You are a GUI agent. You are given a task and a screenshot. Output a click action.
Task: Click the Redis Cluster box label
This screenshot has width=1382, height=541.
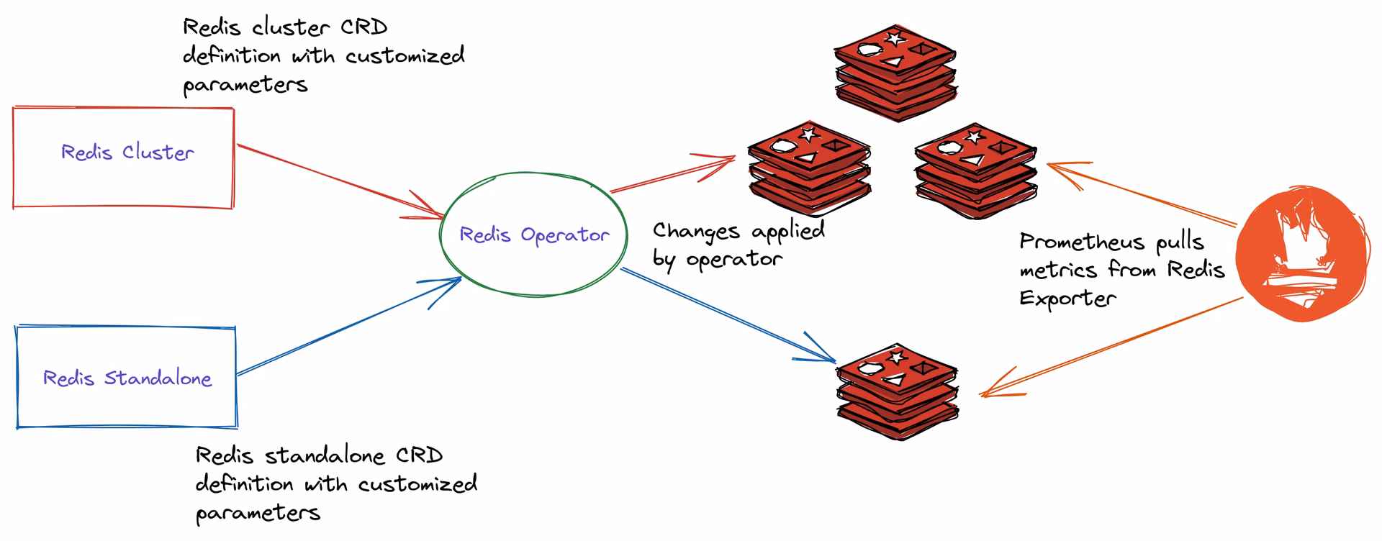[x=127, y=153]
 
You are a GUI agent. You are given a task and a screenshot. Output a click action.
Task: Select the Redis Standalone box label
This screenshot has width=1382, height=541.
[x=127, y=378]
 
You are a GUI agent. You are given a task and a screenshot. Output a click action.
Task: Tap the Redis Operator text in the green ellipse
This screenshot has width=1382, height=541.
[x=534, y=235]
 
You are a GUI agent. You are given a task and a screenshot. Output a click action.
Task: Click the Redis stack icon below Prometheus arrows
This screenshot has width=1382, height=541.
[x=897, y=392]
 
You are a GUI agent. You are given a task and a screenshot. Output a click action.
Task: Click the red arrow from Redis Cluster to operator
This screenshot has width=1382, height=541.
[x=338, y=179]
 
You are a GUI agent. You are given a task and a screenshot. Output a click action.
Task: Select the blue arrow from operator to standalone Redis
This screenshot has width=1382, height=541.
[x=727, y=314]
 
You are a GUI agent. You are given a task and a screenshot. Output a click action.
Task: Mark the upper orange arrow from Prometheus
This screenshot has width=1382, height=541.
[x=1144, y=194]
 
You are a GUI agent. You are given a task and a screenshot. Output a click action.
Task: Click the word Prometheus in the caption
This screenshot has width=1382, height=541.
[x=1081, y=242]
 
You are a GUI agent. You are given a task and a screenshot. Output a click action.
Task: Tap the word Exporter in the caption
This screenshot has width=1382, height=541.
[x=1067, y=299]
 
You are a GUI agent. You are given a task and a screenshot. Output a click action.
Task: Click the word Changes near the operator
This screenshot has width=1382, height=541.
[x=695, y=232]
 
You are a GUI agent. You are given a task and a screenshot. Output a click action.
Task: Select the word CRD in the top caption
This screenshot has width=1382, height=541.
[x=363, y=27]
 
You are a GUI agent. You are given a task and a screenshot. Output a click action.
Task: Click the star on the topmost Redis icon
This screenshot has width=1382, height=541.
[x=894, y=37]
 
